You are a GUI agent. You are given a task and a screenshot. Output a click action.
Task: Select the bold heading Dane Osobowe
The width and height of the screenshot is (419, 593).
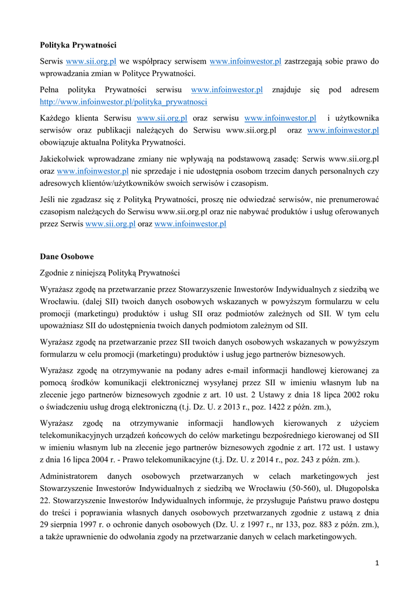67,256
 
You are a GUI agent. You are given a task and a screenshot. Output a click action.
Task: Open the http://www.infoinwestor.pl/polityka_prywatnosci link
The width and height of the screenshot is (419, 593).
123,102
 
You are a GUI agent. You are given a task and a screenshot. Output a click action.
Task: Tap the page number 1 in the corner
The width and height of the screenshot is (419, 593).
377,563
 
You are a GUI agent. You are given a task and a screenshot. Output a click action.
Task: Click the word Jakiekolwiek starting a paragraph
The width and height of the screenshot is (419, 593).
66,158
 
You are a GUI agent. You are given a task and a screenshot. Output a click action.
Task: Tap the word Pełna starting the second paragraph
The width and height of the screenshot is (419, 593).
50,90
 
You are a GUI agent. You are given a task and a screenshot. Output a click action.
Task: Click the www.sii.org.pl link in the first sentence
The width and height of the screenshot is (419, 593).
91,61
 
